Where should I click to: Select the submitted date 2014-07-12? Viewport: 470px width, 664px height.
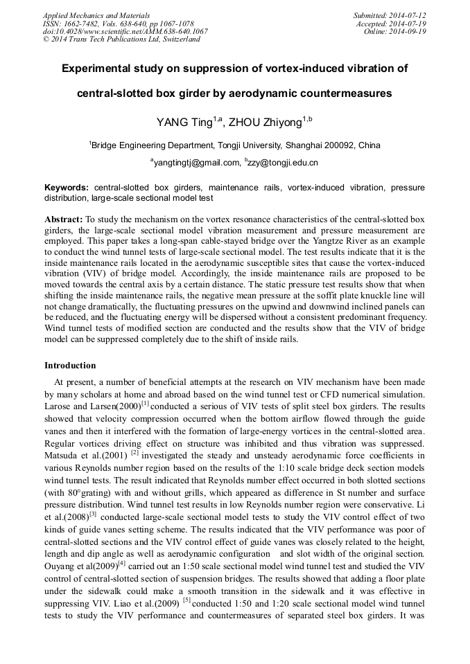408,15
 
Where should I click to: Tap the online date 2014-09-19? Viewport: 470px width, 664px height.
408,31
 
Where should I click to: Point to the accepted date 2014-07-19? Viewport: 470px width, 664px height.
408,23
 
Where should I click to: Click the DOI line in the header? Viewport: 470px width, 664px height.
125,31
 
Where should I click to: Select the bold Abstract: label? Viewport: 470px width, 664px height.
64,219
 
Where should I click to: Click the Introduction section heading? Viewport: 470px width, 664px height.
70,366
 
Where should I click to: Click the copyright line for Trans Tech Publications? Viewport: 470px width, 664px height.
121,39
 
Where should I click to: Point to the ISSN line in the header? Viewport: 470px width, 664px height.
119,23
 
